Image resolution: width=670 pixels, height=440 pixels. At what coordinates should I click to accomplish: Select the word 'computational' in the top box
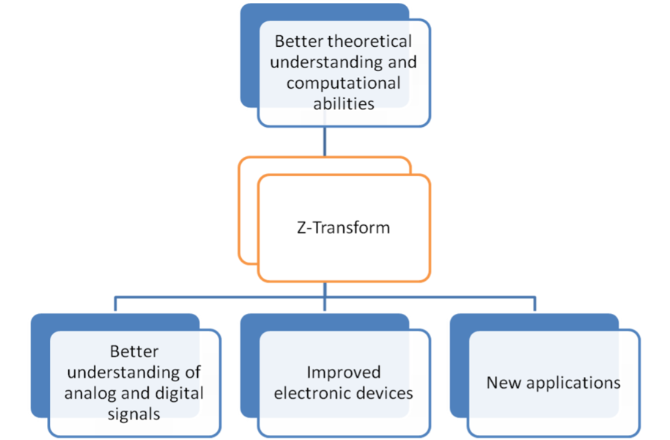[x=344, y=84]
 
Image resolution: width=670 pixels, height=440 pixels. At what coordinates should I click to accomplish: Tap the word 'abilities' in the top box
[x=344, y=103]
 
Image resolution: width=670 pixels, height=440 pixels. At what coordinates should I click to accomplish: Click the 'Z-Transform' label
[x=344, y=227]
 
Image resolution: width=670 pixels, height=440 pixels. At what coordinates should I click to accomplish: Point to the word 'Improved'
[x=344, y=373]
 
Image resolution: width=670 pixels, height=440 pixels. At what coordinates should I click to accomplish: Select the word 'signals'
[x=133, y=414]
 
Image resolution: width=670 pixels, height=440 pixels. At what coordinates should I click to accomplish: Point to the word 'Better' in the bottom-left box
[x=134, y=351]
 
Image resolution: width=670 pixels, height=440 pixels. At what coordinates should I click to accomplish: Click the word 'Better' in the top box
[x=299, y=42]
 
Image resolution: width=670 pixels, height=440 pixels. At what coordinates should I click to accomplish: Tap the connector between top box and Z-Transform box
[x=325, y=142]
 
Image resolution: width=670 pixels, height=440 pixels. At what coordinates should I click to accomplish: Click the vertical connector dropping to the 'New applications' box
[x=534, y=304]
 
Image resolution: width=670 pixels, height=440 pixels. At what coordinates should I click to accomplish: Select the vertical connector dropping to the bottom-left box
[x=115, y=304]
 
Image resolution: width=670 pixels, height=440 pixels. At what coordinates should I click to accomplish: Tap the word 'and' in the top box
[x=402, y=62]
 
